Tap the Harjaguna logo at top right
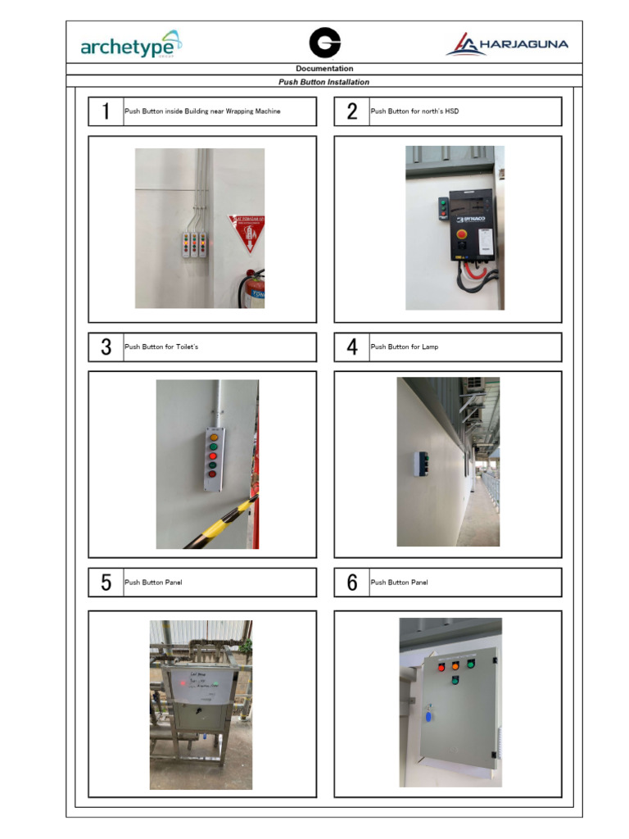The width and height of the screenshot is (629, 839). [x=507, y=44]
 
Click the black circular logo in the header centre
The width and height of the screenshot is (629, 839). [x=324, y=43]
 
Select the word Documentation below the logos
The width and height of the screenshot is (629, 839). [x=324, y=69]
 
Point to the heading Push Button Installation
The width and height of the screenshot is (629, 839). [x=324, y=82]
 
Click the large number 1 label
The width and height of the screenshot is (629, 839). [x=106, y=111]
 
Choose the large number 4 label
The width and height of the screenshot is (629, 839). [x=352, y=347]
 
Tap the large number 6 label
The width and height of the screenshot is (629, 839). [x=352, y=583]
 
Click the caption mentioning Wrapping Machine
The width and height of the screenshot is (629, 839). [x=202, y=111]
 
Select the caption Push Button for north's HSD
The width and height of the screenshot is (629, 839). [x=414, y=111]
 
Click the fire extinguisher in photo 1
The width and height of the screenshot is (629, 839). [x=254, y=288]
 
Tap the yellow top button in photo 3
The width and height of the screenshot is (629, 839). [x=214, y=438]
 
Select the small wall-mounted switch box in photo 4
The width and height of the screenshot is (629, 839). [x=421, y=463]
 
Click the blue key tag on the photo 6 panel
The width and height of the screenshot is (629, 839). [x=427, y=718]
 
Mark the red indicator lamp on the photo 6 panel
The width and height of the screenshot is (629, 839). [x=441, y=667]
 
